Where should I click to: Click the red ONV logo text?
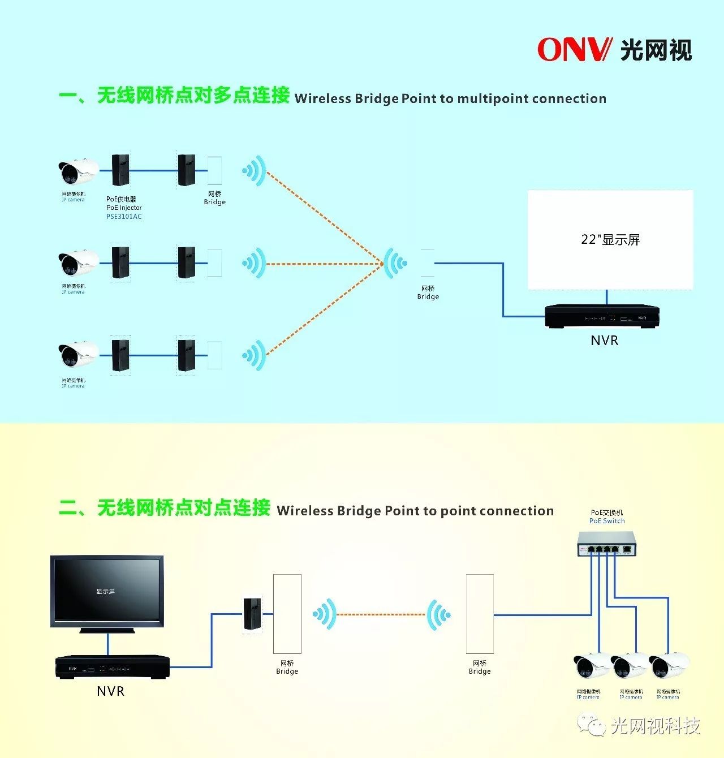click(574, 50)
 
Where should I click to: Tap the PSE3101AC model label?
click(124, 217)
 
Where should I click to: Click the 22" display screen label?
click(610, 240)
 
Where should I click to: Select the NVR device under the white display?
click(602, 316)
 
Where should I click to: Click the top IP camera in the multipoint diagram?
click(77, 171)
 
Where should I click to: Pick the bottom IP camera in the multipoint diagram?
click(77, 355)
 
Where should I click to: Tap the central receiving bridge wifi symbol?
click(395, 263)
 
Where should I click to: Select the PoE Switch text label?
click(607, 521)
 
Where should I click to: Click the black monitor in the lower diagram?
click(107, 591)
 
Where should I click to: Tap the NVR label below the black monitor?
click(110, 691)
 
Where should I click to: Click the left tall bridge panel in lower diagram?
click(287, 614)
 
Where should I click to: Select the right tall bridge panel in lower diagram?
click(480, 614)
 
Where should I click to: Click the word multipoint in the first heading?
click(492, 99)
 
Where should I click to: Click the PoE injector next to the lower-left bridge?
click(252, 614)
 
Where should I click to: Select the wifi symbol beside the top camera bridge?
click(254, 170)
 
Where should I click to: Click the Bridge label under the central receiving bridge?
click(428, 296)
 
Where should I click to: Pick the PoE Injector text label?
click(124, 208)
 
